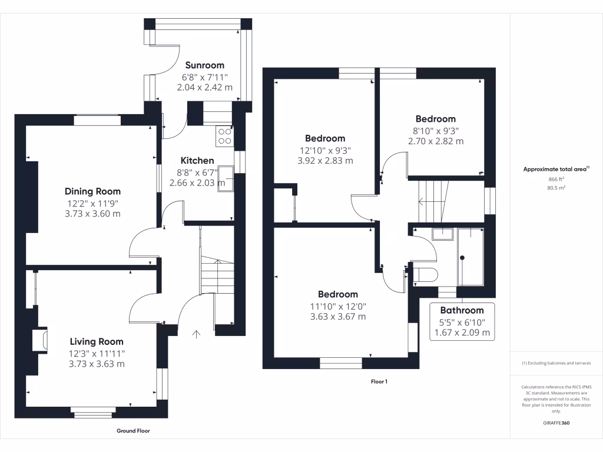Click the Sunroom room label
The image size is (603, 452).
tap(205, 65)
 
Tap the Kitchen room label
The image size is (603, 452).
tap(197, 161)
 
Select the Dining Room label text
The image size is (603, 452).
tap(92, 191)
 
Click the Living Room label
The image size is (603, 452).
tap(97, 341)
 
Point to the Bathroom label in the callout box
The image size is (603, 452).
tap(462, 310)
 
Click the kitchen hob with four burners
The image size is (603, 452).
tap(225, 137)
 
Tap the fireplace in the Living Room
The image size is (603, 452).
tap(42, 341)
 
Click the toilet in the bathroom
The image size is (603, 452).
tap(425, 274)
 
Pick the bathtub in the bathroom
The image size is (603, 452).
tap(470, 257)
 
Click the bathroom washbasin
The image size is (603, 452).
tap(442, 234)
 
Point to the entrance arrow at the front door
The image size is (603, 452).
tap(197, 334)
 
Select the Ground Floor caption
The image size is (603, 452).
tap(133, 431)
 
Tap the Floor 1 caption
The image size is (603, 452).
tap(379, 381)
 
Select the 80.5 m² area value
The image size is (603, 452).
tap(556, 188)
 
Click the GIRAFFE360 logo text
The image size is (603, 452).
tap(556, 423)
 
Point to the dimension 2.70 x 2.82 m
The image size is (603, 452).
tap(436, 141)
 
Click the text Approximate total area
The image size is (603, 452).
tap(555, 169)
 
